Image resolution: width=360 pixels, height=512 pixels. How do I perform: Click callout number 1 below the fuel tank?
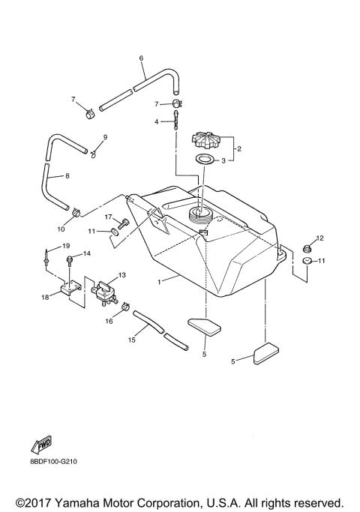coord(159,282)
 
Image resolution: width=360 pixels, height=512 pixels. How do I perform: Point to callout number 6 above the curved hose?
coord(141,58)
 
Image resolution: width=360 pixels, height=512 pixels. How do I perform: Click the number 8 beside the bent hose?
coord(67,176)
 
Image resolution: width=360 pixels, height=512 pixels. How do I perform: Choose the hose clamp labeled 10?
coord(77,215)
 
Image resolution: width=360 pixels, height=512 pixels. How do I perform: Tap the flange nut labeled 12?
coord(305,249)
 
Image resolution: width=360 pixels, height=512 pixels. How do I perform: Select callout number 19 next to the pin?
coord(65,246)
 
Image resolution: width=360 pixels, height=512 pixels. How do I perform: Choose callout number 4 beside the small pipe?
coord(157,121)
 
